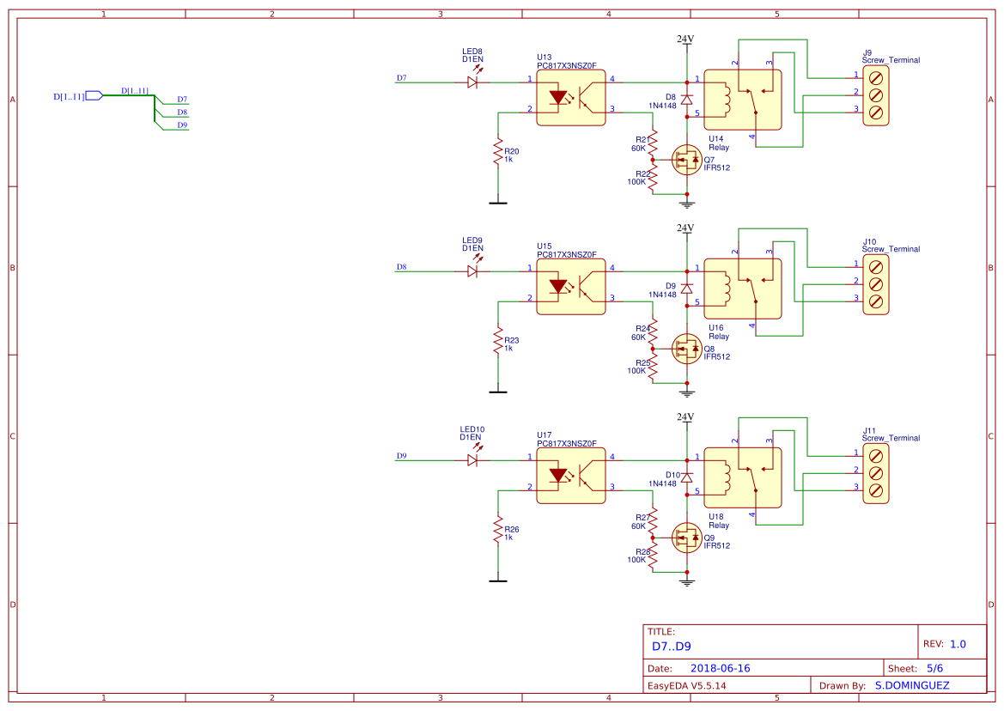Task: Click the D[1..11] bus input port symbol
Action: coord(94,96)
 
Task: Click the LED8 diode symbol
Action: coord(472,82)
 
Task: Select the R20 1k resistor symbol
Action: coord(497,152)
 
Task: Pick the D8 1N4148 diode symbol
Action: coord(687,100)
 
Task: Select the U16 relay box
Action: coord(742,289)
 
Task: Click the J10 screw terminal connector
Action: coord(876,283)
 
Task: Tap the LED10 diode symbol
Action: coord(472,460)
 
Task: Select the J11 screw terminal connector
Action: coord(876,472)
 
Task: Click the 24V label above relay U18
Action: coord(685,417)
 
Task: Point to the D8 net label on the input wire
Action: coord(402,267)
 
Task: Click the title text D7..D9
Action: coord(671,646)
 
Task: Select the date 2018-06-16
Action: coord(720,668)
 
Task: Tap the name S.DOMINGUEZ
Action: coord(917,685)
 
